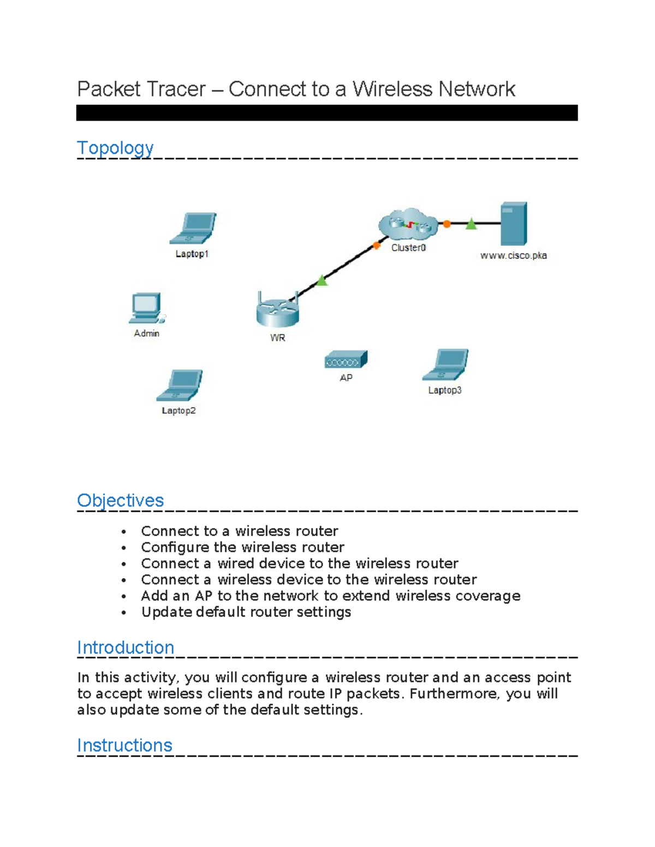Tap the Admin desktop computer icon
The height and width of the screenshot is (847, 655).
(x=146, y=309)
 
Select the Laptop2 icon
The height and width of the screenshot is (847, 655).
(x=180, y=385)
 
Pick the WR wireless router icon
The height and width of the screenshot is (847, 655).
(x=278, y=311)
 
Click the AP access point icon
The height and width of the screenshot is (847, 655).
(x=346, y=360)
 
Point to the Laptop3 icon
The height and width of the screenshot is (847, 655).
(x=445, y=364)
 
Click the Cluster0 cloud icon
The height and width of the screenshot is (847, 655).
(x=408, y=224)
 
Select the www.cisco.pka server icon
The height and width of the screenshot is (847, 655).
(x=514, y=224)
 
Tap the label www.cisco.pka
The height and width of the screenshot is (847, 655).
(x=513, y=255)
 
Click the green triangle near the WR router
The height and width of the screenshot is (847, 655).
(x=322, y=280)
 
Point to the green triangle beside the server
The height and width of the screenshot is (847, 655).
(x=471, y=224)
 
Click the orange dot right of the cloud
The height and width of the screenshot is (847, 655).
(x=446, y=224)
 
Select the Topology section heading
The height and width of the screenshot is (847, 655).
(x=115, y=148)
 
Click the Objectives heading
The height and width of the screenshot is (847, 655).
(x=120, y=500)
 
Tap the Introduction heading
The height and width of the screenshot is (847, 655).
(x=126, y=647)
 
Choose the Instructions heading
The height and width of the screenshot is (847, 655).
(x=124, y=745)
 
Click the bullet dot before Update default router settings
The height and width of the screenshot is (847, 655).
(x=124, y=612)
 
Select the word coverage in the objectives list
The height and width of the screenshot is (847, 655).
(x=487, y=596)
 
